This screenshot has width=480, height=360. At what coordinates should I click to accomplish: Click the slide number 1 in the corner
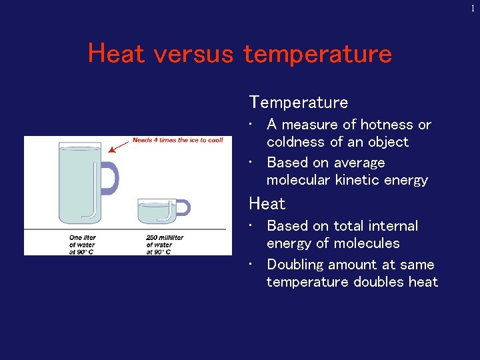pyautogui.click(x=473, y=8)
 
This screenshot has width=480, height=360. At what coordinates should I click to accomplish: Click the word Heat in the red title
pyautogui.click(x=116, y=53)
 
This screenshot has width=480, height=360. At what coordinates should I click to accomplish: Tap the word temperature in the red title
pyautogui.click(x=317, y=53)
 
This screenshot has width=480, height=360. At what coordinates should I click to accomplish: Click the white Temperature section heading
pyautogui.click(x=298, y=102)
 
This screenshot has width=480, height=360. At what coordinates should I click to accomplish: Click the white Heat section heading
pyautogui.click(x=267, y=203)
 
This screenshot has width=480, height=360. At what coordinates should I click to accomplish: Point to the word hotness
pyautogui.click(x=387, y=125)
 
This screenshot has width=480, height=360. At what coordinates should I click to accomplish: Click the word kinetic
pyautogui.click(x=361, y=180)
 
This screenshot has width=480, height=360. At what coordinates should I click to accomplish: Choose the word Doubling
pyautogui.click(x=298, y=265)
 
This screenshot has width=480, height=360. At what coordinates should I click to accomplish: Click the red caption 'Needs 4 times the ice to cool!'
pyautogui.click(x=177, y=140)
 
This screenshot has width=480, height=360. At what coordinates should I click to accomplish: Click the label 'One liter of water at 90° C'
pyautogui.click(x=83, y=244)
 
